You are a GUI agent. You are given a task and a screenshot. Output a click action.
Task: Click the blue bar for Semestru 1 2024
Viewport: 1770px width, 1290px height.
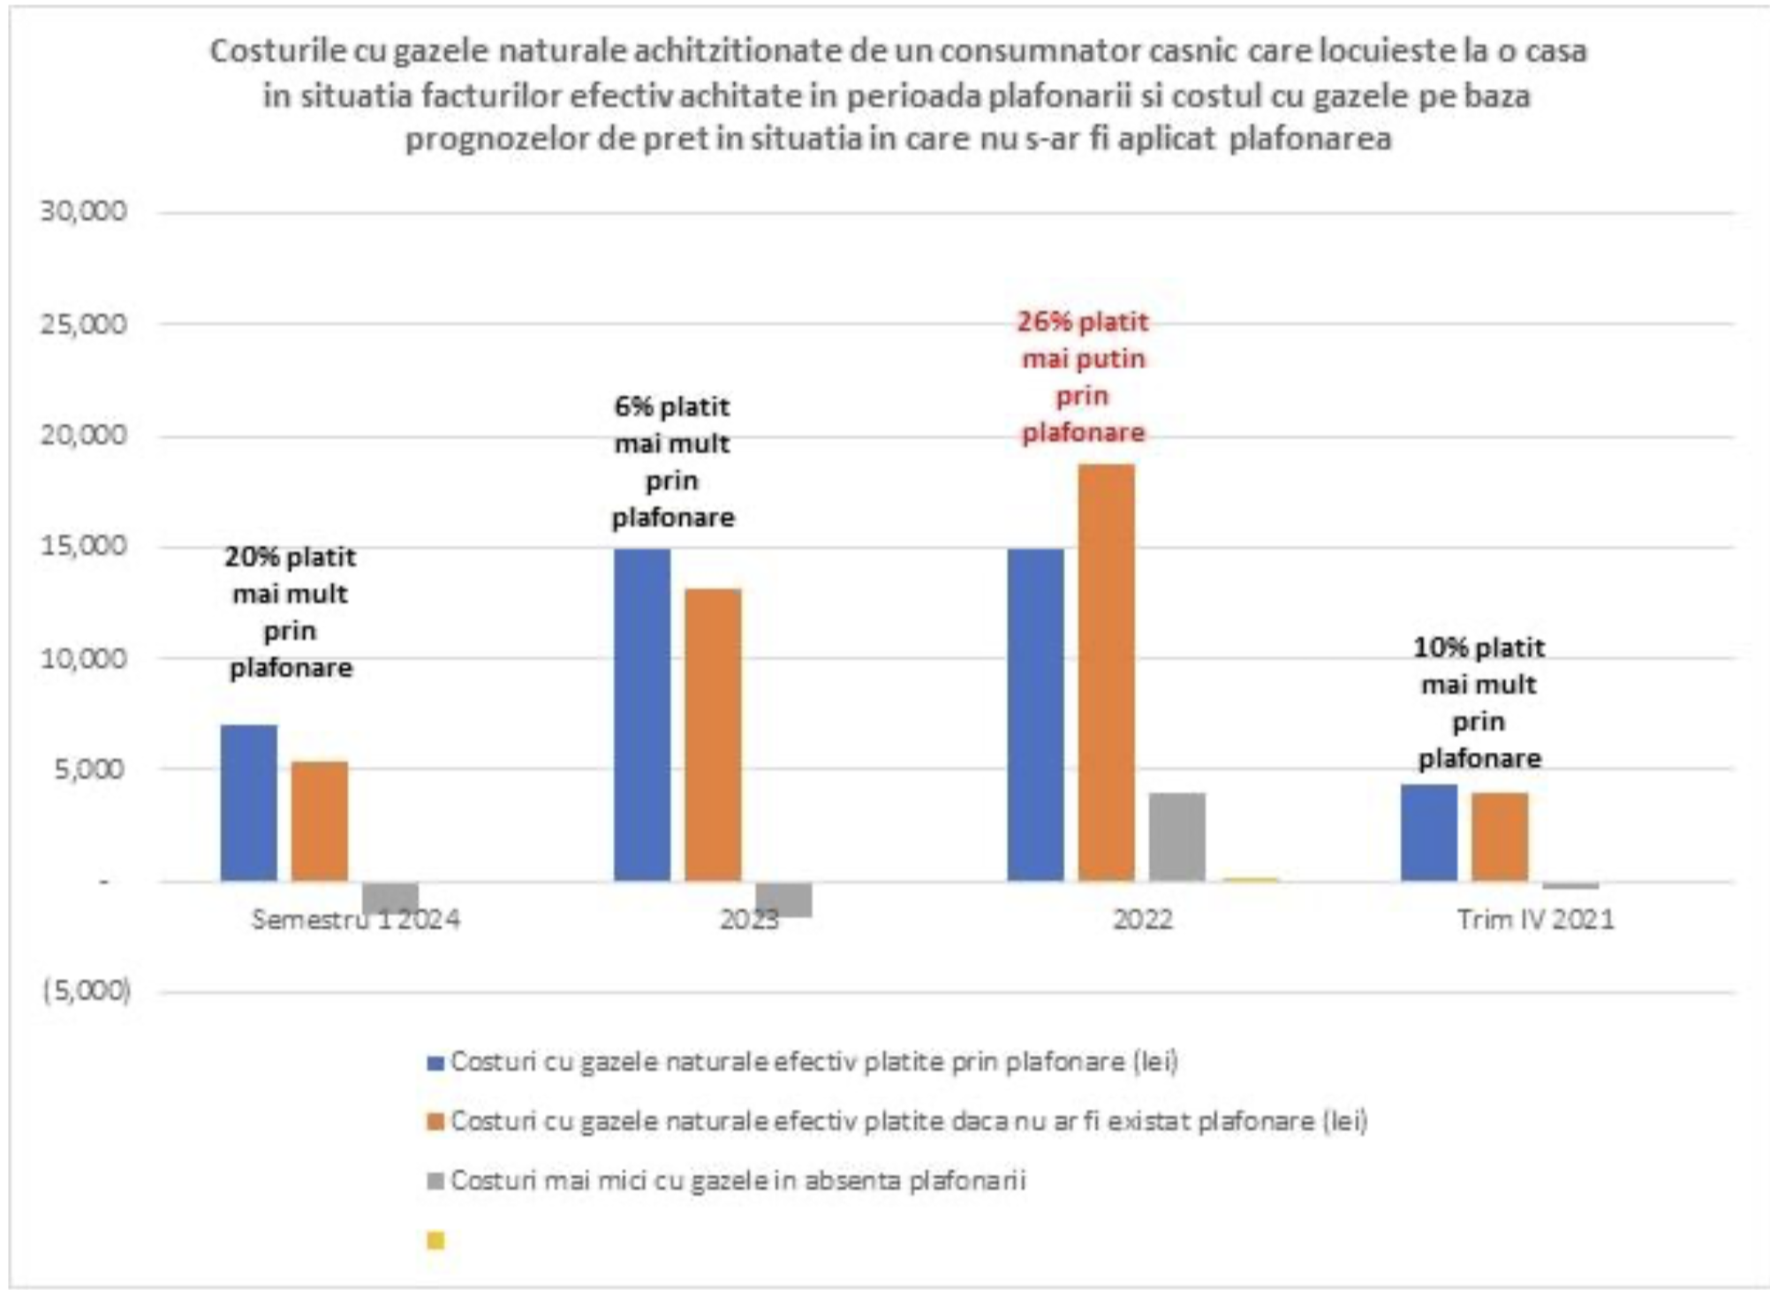(x=249, y=802)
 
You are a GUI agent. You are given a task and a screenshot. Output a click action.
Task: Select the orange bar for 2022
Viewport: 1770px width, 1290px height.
(x=1106, y=672)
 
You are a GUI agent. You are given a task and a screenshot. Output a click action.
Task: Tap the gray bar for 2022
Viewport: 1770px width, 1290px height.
(x=1176, y=836)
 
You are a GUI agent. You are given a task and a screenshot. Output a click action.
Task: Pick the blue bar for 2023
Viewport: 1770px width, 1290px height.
(x=642, y=714)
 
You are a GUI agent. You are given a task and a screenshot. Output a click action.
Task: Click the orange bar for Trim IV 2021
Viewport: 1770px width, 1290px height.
(x=1500, y=836)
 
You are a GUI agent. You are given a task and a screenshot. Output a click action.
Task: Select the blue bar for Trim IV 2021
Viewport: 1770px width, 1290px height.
(x=1429, y=831)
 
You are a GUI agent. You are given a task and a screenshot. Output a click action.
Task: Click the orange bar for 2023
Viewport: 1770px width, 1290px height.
(x=713, y=733)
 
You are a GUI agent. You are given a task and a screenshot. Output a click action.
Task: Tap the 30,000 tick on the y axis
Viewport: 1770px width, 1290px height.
(x=84, y=211)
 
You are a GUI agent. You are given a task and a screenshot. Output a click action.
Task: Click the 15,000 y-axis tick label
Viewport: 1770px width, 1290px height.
(x=84, y=546)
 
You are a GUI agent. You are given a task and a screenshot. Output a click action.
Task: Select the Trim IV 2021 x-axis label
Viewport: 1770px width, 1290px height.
(x=1535, y=920)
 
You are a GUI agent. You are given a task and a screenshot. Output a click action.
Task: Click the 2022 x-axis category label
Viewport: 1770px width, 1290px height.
(x=1142, y=920)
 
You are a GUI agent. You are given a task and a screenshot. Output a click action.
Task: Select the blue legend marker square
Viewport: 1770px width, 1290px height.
(x=435, y=1063)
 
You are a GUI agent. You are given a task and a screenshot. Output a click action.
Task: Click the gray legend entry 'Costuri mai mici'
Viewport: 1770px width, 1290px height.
(x=737, y=1180)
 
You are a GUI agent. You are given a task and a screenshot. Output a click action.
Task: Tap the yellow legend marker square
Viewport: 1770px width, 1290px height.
(x=435, y=1241)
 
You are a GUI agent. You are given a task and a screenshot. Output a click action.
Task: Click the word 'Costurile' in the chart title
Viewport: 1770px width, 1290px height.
(x=279, y=51)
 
